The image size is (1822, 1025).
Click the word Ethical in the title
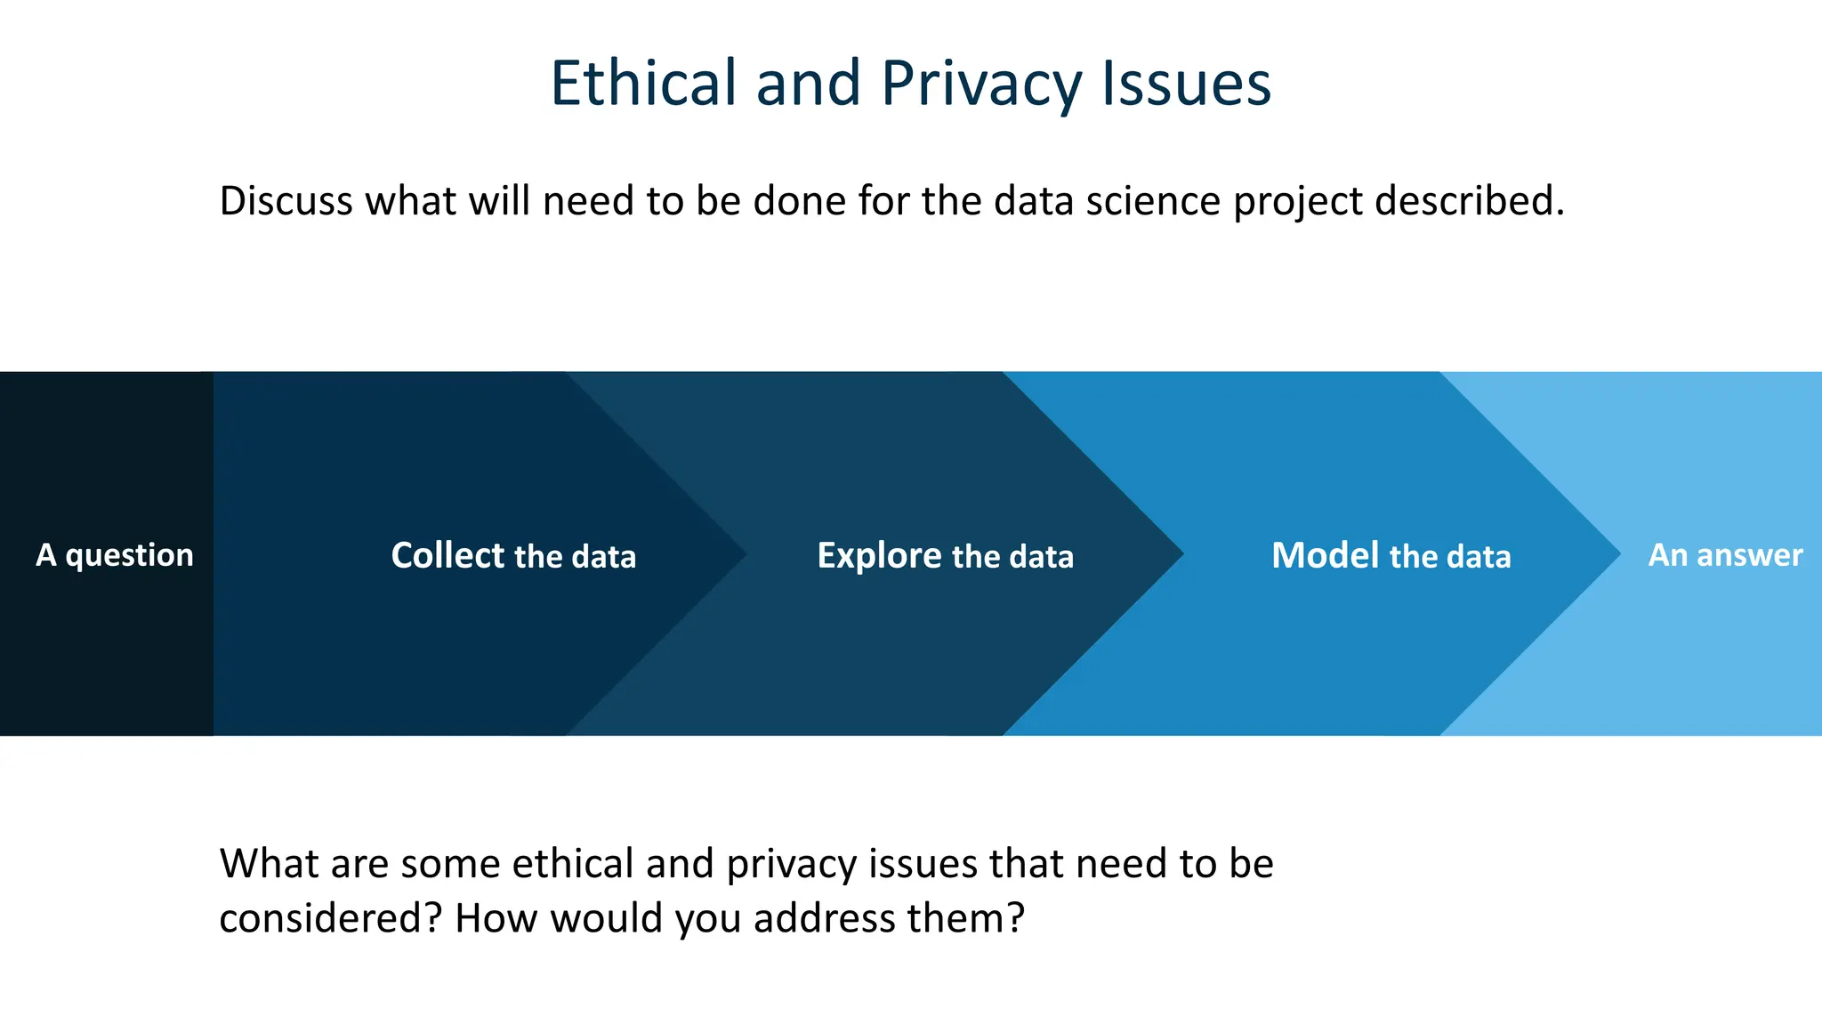[x=642, y=84]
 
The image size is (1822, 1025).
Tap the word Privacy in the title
[x=980, y=84]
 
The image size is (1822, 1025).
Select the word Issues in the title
[x=1186, y=84]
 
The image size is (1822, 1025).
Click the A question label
[x=114, y=555]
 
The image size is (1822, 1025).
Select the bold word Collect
[x=447, y=555]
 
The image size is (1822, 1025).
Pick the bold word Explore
[x=879, y=555]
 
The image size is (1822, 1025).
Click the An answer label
[x=1724, y=555]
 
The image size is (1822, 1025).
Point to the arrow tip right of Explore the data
[x=1175, y=553]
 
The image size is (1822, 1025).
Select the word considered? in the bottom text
[x=330, y=919]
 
